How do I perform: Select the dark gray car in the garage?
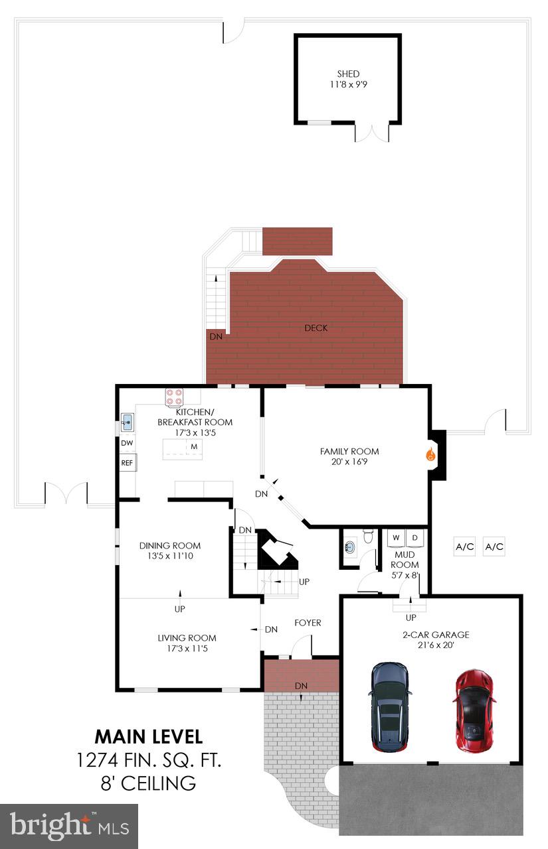click(x=389, y=706)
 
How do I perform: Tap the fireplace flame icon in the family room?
click(x=430, y=455)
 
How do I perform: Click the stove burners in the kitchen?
click(x=174, y=397)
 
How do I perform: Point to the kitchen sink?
click(x=127, y=421)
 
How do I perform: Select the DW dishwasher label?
click(x=126, y=442)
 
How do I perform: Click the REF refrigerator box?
click(x=127, y=463)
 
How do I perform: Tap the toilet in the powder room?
click(x=351, y=548)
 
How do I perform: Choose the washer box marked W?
click(x=396, y=537)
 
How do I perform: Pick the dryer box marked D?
click(x=414, y=537)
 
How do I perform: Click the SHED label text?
click(x=348, y=74)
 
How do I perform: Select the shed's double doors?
click(x=371, y=132)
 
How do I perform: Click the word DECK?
click(x=316, y=328)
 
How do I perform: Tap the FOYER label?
click(x=308, y=623)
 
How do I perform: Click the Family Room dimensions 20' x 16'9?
click(x=349, y=461)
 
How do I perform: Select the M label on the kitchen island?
click(x=195, y=446)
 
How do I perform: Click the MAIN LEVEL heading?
click(x=148, y=736)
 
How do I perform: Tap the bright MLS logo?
click(x=69, y=826)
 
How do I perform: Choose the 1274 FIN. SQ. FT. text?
click(x=148, y=760)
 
